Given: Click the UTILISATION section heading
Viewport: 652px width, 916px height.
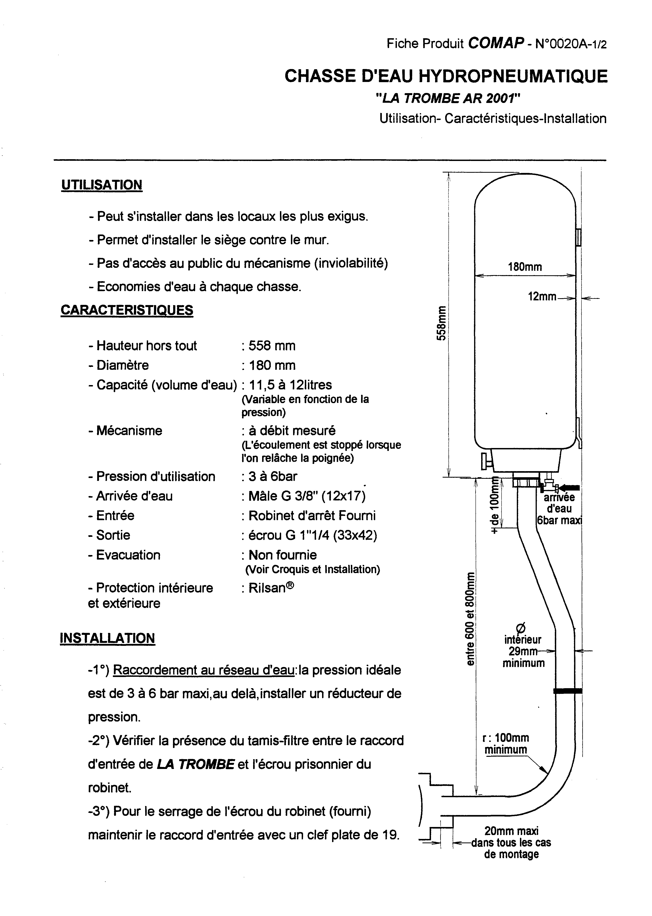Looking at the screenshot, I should pos(101,185).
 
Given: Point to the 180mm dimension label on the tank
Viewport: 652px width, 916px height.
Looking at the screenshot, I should pos(525,267).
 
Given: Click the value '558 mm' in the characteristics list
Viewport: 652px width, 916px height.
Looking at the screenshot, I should pos(272,345).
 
